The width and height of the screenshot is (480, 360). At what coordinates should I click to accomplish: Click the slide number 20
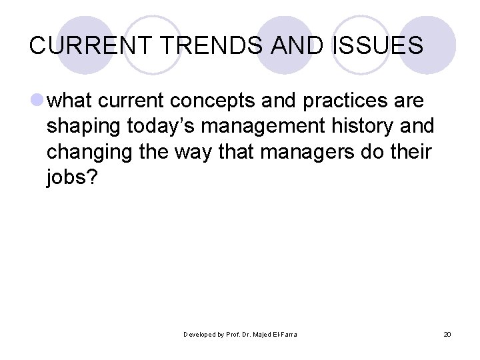pyautogui.click(x=447, y=334)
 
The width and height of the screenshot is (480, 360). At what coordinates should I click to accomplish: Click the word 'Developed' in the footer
pyautogui.click(x=199, y=334)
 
